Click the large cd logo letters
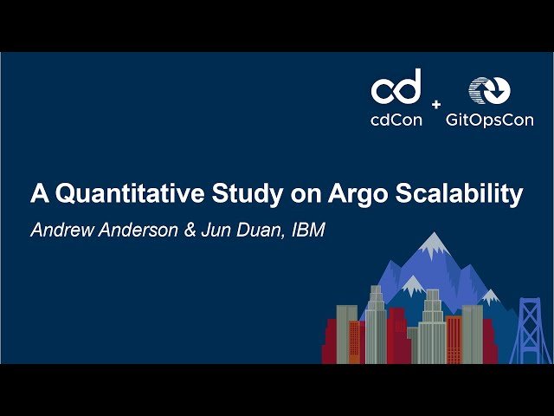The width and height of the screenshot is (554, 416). point(396,87)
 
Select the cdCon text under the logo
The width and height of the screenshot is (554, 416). point(396,120)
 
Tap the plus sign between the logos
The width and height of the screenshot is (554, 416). point(435,104)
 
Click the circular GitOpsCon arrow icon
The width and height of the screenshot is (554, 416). point(489,90)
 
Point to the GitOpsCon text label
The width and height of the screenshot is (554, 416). point(490,120)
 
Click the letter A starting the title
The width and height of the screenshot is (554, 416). point(39,193)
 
